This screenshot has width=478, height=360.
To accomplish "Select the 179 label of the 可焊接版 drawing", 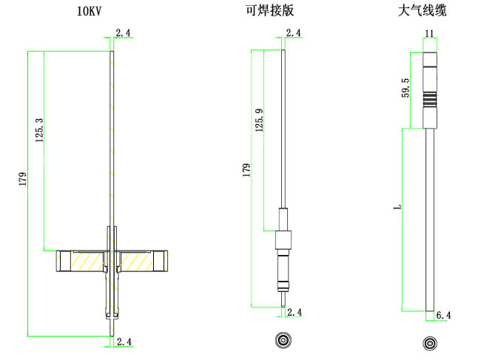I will point(246,169).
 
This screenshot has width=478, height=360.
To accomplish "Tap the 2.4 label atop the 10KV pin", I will point(124,33).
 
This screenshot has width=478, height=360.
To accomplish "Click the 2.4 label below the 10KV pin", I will point(124,342).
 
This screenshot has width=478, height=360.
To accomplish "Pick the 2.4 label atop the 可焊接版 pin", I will point(293,33).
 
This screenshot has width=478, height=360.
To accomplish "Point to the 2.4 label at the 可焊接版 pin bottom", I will point(294,313).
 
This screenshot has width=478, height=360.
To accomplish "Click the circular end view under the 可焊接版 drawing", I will point(283,340).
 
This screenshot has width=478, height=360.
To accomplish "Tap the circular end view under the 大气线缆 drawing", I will point(429,344).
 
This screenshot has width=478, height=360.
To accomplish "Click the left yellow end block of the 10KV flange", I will point(64,262).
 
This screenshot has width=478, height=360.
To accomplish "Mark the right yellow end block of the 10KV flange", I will point(162,262).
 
